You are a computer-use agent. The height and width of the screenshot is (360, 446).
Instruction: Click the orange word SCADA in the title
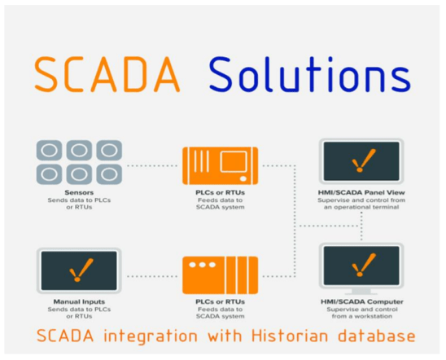click(x=107, y=74)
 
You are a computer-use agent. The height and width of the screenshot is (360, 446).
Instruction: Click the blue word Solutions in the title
click(x=310, y=74)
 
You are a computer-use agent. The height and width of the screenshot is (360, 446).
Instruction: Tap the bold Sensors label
click(x=79, y=193)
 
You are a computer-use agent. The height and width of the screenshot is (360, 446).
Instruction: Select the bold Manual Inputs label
click(x=79, y=301)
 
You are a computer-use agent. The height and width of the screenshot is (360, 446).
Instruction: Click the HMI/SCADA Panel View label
click(x=361, y=193)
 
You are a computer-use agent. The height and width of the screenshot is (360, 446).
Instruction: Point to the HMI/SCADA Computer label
click(x=362, y=301)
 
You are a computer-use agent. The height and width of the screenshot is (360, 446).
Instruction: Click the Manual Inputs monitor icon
click(x=79, y=270)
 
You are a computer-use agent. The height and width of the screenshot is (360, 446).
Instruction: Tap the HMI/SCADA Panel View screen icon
click(x=361, y=161)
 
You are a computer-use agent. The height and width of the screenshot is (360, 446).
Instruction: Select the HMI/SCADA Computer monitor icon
click(x=361, y=269)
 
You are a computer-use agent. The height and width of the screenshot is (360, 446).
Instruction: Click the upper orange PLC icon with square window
click(x=221, y=165)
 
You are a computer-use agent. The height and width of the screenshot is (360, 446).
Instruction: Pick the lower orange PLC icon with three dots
click(x=221, y=275)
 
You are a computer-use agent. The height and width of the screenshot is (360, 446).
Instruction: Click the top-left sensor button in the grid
click(x=49, y=150)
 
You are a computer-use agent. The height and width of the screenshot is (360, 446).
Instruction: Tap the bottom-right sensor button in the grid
click(x=109, y=174)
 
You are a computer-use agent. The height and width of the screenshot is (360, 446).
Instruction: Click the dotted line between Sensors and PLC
click(x=152, y=165)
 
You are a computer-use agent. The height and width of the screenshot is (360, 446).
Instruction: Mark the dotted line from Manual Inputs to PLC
click(x=152, y=276)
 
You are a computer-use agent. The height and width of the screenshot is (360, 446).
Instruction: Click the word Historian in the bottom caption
click(x=290, y=336)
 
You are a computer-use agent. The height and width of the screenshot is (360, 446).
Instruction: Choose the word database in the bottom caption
click(x=377, y=336)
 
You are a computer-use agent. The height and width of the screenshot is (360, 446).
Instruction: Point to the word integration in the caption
click(x=151, y=337)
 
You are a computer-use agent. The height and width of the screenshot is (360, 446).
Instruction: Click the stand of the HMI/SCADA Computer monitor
click(x=361, y=292)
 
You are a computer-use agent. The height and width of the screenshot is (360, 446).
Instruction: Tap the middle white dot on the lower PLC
click(x=202, y=265)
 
